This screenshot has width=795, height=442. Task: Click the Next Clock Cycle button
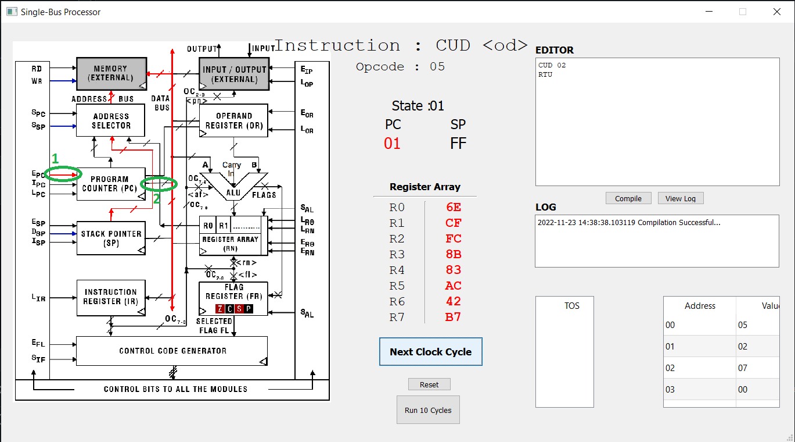(430, 352)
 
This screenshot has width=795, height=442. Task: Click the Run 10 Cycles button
(427, 410)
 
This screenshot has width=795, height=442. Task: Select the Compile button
(628, 198)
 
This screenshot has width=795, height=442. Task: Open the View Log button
(681, 198)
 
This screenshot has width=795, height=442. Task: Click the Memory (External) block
(110, 73)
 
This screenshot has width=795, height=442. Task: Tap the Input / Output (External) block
(234, 74)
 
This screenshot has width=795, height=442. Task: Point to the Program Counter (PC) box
(110, 184)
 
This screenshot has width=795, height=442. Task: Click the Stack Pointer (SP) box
(110, 238)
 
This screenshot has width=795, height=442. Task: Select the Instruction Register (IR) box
(110, 297)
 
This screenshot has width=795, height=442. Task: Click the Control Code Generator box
(172, 351)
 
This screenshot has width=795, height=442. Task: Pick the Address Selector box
(110, 120)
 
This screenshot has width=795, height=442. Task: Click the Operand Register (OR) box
(233, 120)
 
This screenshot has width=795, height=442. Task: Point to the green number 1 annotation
(56, 158)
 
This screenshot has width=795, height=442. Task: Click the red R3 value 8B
(453, 254)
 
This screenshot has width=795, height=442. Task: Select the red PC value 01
(393, 144)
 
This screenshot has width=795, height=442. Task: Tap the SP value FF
(458, 144)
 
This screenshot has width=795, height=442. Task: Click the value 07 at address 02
(743, 368)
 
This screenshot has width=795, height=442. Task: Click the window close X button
(776, 12)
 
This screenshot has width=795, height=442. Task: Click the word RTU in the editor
(545, 74)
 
